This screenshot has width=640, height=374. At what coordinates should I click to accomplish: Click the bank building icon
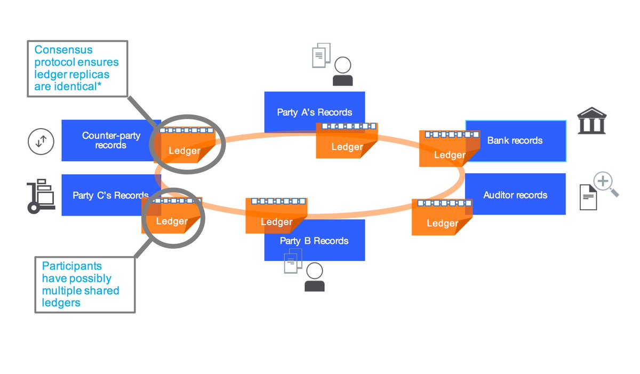591,121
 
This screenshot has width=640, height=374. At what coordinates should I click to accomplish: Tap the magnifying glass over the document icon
605,184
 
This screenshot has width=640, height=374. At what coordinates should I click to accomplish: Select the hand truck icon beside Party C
41,196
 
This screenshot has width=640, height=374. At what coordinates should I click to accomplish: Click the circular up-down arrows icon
41,141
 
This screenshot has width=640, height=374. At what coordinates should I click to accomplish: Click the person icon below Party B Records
314,278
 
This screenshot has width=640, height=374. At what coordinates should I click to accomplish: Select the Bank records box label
515,141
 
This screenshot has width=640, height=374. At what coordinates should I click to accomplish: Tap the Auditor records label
515,195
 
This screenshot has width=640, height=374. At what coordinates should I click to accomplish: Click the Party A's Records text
314,113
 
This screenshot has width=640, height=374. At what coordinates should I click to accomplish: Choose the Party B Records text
314,241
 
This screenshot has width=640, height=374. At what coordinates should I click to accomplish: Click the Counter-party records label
111,140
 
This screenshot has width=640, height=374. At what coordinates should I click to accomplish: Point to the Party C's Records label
110,195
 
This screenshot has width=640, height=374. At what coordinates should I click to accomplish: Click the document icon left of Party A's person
321,55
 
